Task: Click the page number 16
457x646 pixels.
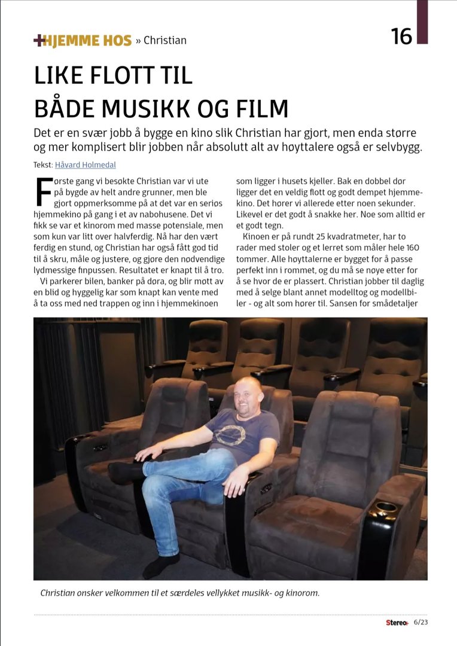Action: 402,36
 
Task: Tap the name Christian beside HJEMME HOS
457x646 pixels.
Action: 165,41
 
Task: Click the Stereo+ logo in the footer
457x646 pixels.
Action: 397,623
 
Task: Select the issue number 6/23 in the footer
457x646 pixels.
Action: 421,622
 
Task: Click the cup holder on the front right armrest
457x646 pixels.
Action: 385,508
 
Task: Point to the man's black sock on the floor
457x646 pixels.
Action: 160,566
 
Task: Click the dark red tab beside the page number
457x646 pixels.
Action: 422,22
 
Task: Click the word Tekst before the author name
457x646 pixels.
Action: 43,165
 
